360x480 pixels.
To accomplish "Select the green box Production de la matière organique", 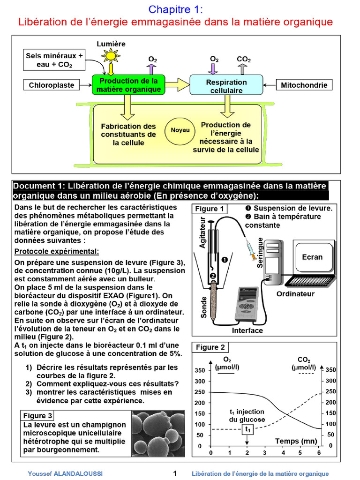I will tap(128, 85).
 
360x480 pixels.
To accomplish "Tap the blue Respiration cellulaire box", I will tap(226, 85).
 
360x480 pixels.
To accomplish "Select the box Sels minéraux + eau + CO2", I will tap(54, 60).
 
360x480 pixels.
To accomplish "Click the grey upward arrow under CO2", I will tap(243, 69).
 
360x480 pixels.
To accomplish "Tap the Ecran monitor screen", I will tap(312, 257).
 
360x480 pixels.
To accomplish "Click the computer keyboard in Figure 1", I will tap(311, 282).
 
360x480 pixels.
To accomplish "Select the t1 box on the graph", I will tap(248, 429).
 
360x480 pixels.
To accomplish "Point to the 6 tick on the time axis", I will tap(319, 453).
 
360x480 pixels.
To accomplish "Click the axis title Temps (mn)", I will tap(295, 441).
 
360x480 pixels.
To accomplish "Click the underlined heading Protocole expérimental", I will tap(57, 252).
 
